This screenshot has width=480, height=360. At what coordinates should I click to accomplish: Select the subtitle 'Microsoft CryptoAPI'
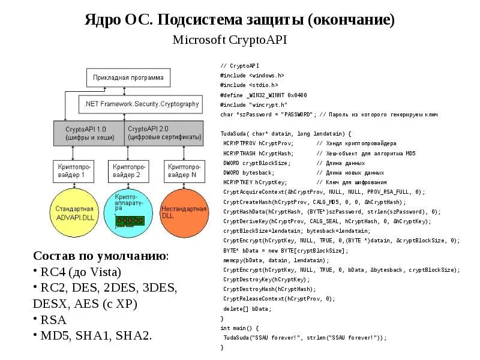(230, 40)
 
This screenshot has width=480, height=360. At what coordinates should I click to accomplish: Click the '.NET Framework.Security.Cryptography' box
(139, 104)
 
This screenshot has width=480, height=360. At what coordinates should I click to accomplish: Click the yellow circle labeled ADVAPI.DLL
(73, 212)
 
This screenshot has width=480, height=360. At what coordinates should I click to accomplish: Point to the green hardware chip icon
(127, 221)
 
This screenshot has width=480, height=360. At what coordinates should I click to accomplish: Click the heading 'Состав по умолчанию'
(101, 256)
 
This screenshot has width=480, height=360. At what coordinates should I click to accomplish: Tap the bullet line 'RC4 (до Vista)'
(80, 272)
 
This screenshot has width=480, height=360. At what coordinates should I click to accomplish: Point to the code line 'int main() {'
(239, 328)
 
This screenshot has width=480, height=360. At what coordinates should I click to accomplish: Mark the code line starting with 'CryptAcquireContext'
(324, 192)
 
